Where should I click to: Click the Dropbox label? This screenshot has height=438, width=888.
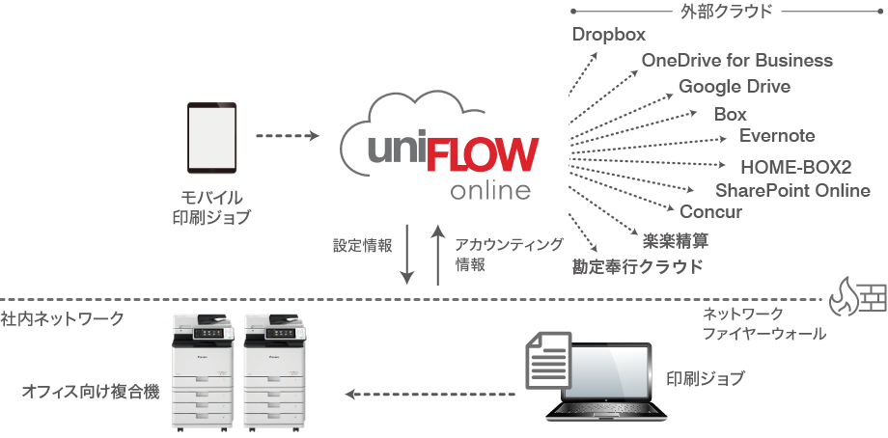point(608,35)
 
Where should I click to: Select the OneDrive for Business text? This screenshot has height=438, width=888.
point(736,60)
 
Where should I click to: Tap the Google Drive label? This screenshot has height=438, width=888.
point(735,86)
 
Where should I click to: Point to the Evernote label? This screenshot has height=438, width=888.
point(777,135)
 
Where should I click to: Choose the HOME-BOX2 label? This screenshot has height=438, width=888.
point(796,166)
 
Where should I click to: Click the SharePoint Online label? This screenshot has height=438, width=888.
point(792,190)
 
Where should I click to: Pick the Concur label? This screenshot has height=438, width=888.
point(711,211)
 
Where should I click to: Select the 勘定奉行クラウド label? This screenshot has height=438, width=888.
point(637,266)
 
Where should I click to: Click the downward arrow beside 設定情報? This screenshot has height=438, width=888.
point(407,256)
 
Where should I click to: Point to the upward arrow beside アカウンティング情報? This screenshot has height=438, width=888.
point(437,256)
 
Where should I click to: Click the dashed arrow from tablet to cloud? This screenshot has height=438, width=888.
point(287,136)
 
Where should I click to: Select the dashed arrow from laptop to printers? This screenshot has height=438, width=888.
point(430,394)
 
